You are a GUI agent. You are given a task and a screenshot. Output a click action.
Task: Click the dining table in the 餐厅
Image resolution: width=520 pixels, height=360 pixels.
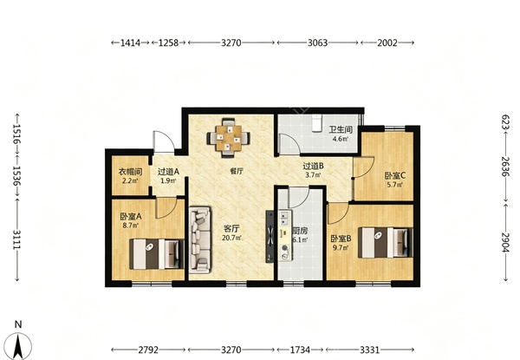tap(229, 138)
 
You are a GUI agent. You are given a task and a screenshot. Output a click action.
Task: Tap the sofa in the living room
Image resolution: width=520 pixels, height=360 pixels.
tap(200, 240)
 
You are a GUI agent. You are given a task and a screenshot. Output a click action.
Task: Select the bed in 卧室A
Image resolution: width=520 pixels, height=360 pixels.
tap(157, 254)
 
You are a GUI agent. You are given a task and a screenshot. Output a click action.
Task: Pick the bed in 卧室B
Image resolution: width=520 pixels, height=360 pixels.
tap(386, 242)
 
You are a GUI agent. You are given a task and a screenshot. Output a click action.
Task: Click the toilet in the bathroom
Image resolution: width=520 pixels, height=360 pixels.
tap(317, 123)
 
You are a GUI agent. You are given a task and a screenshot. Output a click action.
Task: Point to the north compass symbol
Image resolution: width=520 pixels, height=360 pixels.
tap(19, 342)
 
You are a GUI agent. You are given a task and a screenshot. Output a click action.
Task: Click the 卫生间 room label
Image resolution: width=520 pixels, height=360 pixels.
tap(341, 129)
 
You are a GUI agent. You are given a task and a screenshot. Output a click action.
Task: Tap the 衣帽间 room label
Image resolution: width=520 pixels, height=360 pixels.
tap(130, 172)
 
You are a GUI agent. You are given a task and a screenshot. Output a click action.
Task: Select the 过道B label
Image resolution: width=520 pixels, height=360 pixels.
tap(313, 166)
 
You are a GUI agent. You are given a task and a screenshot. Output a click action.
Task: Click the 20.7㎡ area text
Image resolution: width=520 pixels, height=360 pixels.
tap(231, 238)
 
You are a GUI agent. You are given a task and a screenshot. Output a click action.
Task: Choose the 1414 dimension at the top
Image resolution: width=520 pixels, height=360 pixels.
tap(130, 43)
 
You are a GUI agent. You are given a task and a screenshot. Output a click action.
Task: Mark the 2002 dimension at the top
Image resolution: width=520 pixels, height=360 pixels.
tap(387, 43)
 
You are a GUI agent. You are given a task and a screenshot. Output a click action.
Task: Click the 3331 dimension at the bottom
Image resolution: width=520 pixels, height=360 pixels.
tap(370, 350)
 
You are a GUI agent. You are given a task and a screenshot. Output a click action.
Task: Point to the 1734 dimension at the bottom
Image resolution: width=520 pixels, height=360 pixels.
tap(300, 350)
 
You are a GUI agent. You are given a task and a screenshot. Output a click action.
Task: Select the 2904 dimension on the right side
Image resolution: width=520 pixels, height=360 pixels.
tap(504, 242)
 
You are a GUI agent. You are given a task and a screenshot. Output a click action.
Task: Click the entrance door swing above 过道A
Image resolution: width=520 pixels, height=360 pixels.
tap(164, 142)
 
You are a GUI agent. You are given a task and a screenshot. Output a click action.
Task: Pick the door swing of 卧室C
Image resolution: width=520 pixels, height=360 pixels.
tap(364, 167)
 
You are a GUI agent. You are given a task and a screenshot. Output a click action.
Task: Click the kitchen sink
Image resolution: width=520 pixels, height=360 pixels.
tap(284, 218)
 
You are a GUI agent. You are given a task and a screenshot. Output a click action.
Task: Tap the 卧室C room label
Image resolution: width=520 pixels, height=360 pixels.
tap(395, 175)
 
